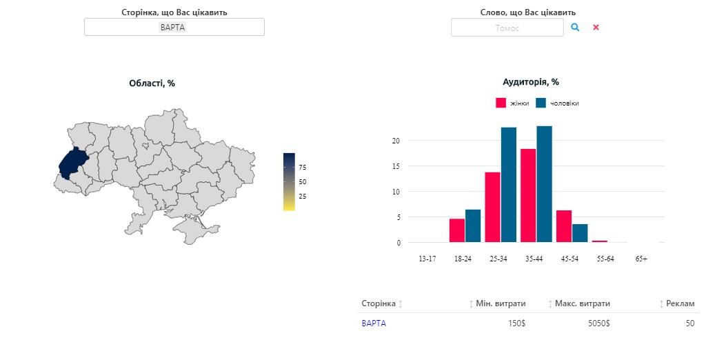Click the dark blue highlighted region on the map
[71, 163]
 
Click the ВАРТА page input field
[174, 27]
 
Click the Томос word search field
[507, 28]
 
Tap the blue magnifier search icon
[575, 27]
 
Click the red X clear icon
[596, 28]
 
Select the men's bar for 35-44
[544, 183]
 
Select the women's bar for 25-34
[492, 207]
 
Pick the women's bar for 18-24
[457, 230]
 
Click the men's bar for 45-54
[580, 233]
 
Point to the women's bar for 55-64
[599, 241]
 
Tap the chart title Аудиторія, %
[531, 82]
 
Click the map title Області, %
[152, 83]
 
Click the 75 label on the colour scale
[302, 168]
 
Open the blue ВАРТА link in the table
[374, 323]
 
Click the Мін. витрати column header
[500, 303]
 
